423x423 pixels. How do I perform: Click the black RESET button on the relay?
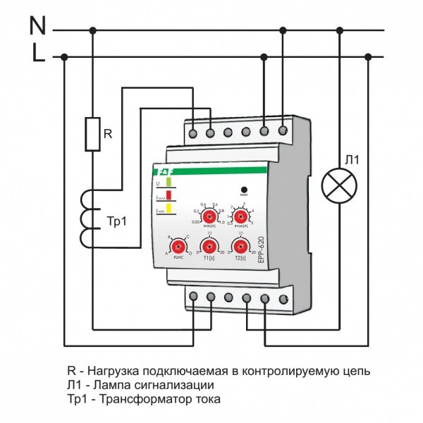(x=244, y=190)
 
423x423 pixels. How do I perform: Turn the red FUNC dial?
(x=179, y=246)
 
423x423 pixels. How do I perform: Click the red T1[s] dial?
(x=209, y=246)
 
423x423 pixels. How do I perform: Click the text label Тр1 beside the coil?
(x=118, y=219)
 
